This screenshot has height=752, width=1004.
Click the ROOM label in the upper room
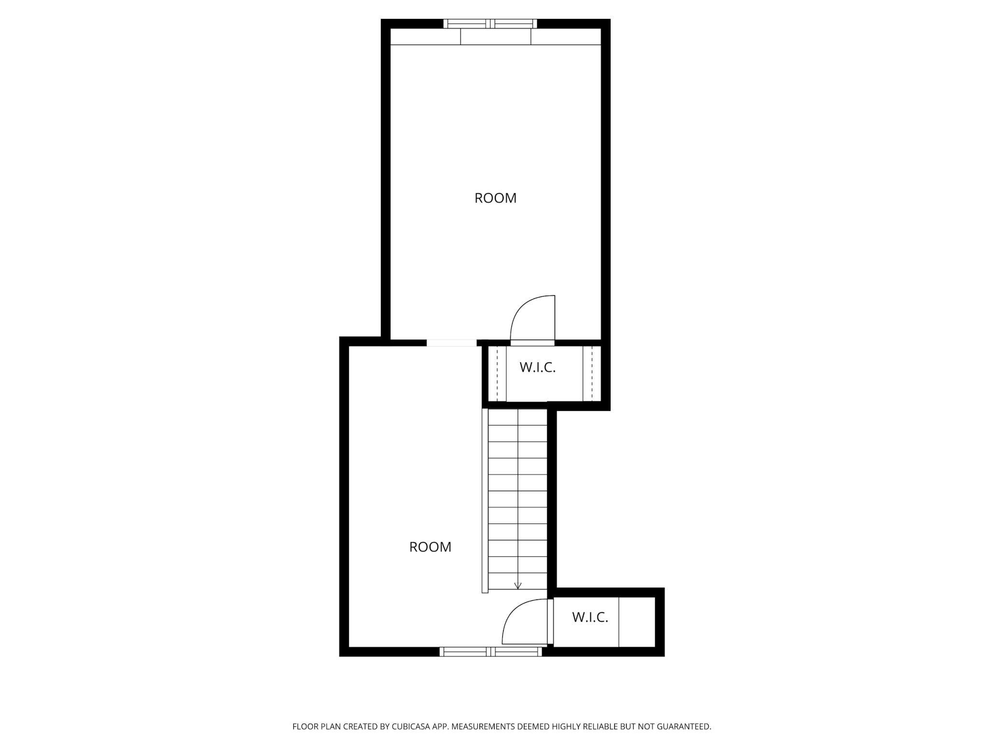pyautogui.click(x=495, y=198)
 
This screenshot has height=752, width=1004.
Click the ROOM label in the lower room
pyautogui.click(x=430, y=547)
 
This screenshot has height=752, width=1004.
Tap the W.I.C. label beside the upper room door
pyautogui.click(x=538, y=368)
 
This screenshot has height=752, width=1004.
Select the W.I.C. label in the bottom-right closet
pyautogui.click(x=590, y=617)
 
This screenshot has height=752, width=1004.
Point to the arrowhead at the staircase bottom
pyautogui.click(x=518, y=586)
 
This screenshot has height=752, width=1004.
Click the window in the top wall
pyautogui.click(x=490, y=24)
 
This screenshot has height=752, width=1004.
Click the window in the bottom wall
pyautogui.click(x=491, y=652)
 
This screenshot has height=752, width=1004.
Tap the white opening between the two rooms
pyautogui.click(x=452, y=343)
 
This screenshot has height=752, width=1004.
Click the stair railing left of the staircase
pyautogui.click(x=485, y=501)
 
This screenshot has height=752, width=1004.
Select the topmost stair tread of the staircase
pyautogui.click(x=517, y=417)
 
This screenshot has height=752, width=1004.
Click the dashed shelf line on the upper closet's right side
pyautogui.click(x=592, y=373)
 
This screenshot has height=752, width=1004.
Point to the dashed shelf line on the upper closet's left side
pyautogui.click(x=497, y=373)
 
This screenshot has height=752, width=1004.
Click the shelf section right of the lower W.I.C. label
pyautogui.click(x=637, y=622)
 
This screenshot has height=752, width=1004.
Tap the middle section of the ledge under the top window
pyautogui.click(x=496, y=37)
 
